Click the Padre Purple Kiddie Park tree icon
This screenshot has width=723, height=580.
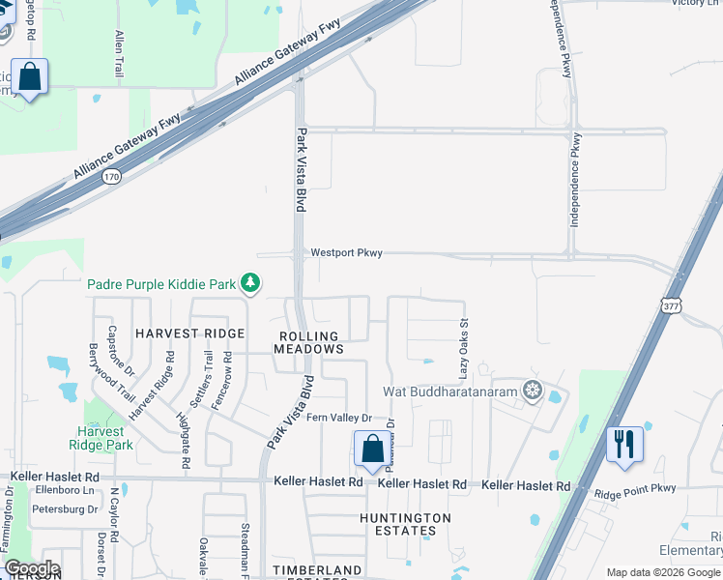pos(251,283)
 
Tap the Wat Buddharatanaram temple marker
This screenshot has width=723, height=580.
pos(532,391)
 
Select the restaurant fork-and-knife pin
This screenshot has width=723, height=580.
pos(624,446)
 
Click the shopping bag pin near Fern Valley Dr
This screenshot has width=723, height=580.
pos(372,449)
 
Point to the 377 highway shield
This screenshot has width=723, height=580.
pos(672,305)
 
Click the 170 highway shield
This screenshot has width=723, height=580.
pos(113,176)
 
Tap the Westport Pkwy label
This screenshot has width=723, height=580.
pos(346,253)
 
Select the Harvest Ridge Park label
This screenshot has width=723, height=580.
pos(101,439)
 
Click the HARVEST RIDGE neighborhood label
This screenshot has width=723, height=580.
pos(189,333)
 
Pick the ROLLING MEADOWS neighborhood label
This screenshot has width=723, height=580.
pos(308,343)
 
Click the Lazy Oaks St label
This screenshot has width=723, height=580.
pos(464,348)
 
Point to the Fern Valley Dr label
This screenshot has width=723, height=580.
pos(339,418)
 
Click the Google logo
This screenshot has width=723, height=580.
pos(31,568)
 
